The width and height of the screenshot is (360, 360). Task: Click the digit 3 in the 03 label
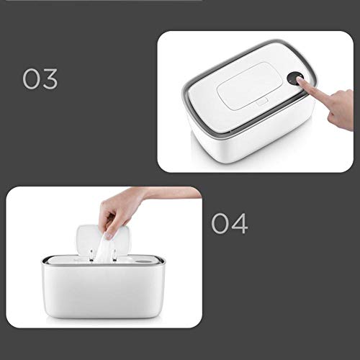click(x=50, y=79)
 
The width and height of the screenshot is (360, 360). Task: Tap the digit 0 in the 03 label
click(x=32, y=79)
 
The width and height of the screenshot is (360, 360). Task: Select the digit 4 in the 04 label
click(x=240, y=223)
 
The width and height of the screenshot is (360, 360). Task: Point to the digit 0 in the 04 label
click(x=220, y=223)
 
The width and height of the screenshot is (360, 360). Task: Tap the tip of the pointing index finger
click(x=299, y=79)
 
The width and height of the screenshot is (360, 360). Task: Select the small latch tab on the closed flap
click(x=262, y=102)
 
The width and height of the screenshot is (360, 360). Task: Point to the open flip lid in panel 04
click(x=103, y=240)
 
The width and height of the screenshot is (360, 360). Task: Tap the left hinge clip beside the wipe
click(x=91, y=256)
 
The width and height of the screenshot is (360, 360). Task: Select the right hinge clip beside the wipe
click(x=114, y=256)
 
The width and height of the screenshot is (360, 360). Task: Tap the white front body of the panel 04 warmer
click(x=104, y=291)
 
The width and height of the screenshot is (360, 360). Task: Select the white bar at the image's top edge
click(x=104, y=0)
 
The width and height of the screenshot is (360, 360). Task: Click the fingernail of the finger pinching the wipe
click(x=108, y=235)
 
